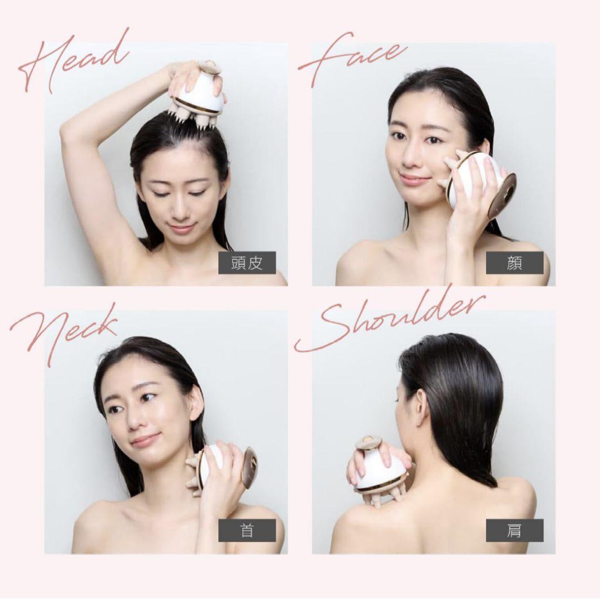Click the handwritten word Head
point(73,61)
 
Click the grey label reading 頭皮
point(247,263)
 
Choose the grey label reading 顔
point(514,263)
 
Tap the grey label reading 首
point(247,531)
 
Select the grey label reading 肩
point(514,531)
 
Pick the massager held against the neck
point(222,469)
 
